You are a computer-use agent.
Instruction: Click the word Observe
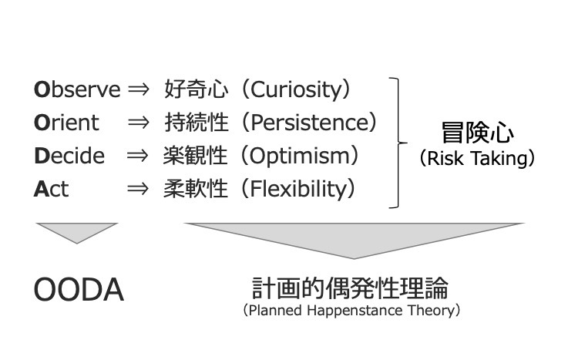[77, 90]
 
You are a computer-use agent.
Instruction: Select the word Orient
[66, 123]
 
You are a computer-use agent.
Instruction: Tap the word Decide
[69, 156]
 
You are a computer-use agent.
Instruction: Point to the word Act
[51, 189]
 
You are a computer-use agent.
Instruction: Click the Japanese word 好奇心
[197, 90]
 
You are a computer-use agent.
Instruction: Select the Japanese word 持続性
[197, 123]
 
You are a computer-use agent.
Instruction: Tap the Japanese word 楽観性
[197, 156]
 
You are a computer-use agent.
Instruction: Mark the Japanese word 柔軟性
[197, 189]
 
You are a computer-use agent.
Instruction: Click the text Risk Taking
[477, 160]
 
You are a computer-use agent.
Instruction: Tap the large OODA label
[78, 291]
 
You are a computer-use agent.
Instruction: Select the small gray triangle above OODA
[76, 230]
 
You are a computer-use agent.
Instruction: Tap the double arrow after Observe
[139, 90]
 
